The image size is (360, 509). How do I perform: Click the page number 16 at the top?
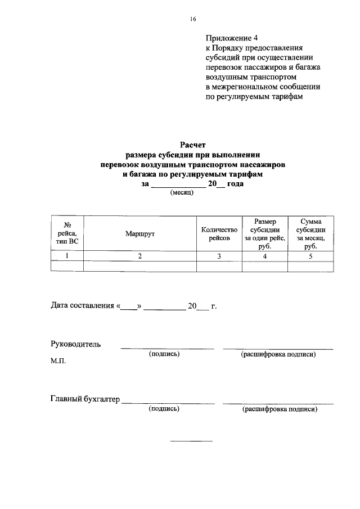click(x=193, y=19)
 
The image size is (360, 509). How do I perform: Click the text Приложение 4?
click(x=231, y=38)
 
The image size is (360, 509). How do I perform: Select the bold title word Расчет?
click(x=193, y=145)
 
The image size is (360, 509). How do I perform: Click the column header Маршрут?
click(x=140, y=233)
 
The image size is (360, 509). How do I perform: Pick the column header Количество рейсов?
click(x=219, y=234)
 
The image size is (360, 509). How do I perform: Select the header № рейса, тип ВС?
click(x=67, y=233)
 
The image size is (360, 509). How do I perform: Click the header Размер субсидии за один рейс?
click(x=264, y=233)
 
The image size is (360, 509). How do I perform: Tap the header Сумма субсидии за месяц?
click(x=310, y=233)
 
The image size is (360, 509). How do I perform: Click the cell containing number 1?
click(x=67, y=256)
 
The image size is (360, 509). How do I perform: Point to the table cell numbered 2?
click(x=140, y=256)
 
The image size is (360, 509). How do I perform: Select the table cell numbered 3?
click(x=219, y=256)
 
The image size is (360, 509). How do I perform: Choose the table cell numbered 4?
click(x=264, y=256)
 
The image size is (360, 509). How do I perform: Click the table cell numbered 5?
click(x=310, y=256)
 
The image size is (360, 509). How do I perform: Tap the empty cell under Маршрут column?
click(x=140, y=267)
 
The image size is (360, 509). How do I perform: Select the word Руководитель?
click(x=76, y=344)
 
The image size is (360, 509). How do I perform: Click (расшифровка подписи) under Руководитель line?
click(x=278, y=355)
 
